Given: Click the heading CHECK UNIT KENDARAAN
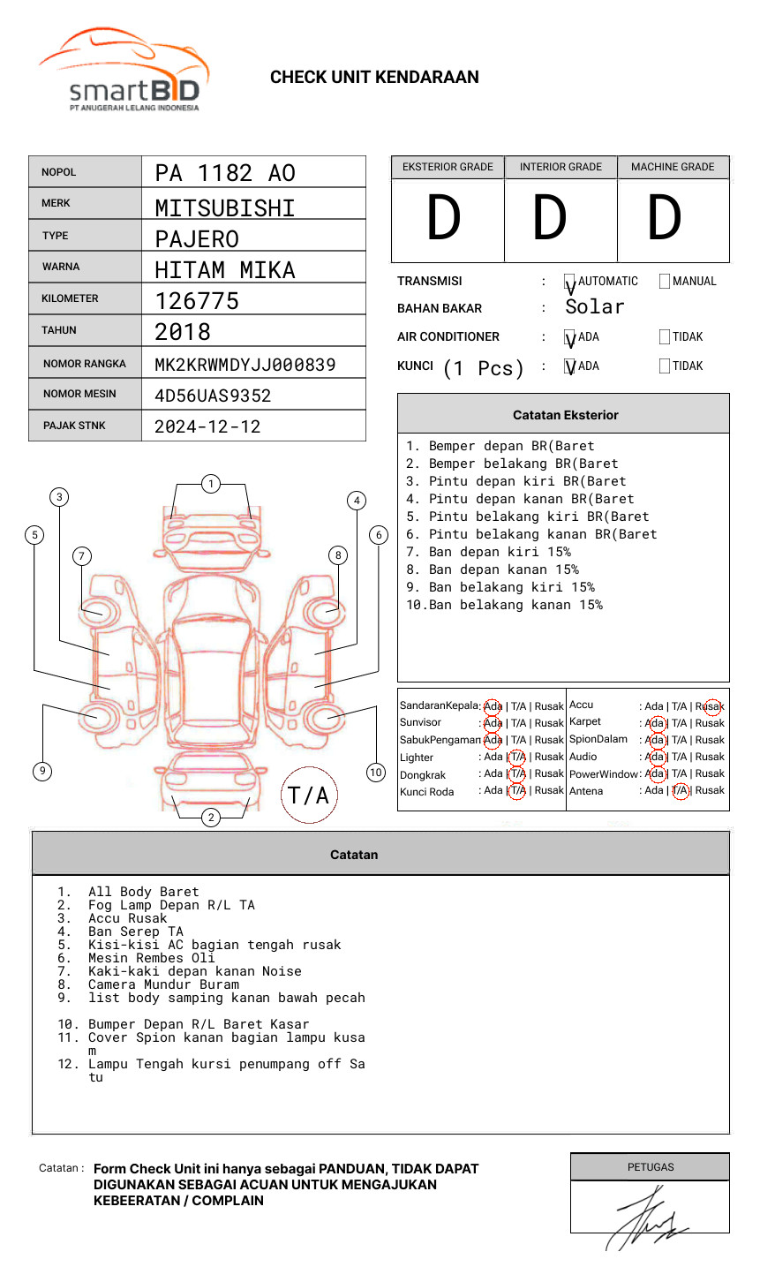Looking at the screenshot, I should coord(374,78).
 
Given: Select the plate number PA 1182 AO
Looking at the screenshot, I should coord(225,173).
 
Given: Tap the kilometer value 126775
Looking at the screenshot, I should coord(197,301).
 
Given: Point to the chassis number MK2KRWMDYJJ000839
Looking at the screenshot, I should coord(245,365).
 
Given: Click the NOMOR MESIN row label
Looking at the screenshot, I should coord(79,394).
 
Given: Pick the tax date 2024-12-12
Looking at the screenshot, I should coord(207,426).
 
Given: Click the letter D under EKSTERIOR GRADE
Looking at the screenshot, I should coord(444,219).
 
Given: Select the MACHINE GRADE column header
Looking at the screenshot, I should coord(673,167).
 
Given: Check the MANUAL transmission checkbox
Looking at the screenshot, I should coord(665,282).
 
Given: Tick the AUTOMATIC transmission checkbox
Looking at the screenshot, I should coord(569,282).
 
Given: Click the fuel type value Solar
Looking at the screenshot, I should coord(594,307).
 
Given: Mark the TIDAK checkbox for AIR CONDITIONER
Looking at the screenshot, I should coord(665,337).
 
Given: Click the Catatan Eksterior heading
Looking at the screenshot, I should coord(565,415).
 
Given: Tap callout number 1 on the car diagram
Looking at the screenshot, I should coord(210,483).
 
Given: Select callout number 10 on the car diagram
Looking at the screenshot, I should coord(376,773).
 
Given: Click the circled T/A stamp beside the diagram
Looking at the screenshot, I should coord(308,795).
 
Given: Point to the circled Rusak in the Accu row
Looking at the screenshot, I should coord(711,706).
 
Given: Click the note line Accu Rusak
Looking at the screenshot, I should coord(127,918).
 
